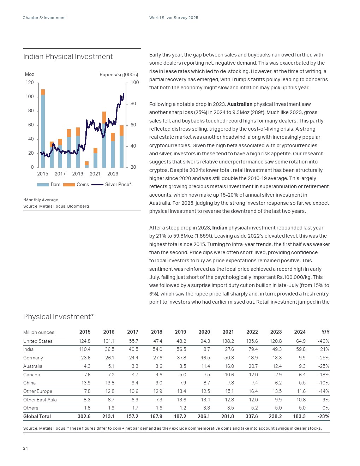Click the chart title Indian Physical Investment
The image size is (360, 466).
click(x=68, y=57)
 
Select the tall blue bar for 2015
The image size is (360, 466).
click(x=43, y=131)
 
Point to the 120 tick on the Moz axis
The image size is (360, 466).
click(x=30, y=83)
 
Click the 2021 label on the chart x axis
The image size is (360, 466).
click(x=95, y=174)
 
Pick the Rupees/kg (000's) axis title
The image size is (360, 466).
click(x=119, y=74)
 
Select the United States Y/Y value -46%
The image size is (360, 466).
click(x=323, y=341)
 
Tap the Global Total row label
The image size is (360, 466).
click(x=37, y=417)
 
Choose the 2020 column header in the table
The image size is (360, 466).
click(x=204, y=332)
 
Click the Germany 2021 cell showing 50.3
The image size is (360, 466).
click(x=229, y=358)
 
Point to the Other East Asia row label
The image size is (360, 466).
click(x=40, y=400)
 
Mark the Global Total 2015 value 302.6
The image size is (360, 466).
click(x=84, y=417)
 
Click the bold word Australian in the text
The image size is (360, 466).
click(x=240, y=104)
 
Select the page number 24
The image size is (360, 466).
click(x=25, y=448)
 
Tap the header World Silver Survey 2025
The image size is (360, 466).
click(x=174, y=18)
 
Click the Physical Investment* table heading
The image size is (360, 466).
click(x=58, y=317)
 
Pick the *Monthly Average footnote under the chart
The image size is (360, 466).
click(x=41, y=200)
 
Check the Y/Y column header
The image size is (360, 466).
click(x=325, y=332)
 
